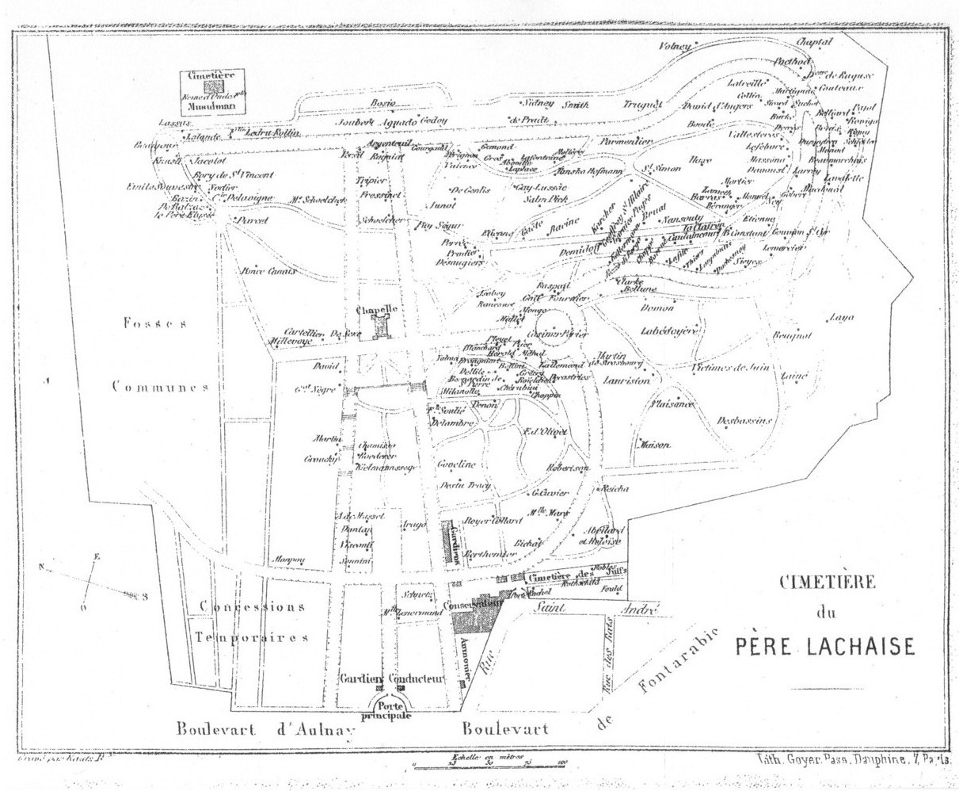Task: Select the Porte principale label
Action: click(388, 710)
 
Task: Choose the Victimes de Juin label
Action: click(729, 367)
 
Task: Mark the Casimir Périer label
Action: click(561, 334)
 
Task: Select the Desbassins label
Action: click(744, 420)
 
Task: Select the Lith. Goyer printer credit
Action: click(853, 759)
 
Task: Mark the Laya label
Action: click(841, 319)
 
